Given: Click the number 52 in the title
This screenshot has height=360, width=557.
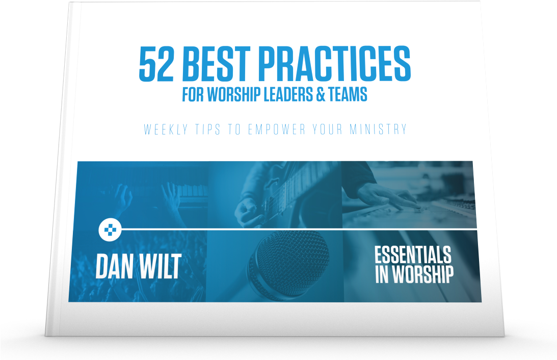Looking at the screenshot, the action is (x=156, y=64).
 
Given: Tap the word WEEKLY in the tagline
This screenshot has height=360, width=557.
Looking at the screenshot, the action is (x=166, y=129).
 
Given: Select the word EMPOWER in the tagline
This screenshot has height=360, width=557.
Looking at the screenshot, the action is (x=276, y=129).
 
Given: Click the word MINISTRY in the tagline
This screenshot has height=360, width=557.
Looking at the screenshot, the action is (x=378, y=129).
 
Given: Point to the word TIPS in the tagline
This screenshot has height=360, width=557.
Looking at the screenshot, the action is (x=207, y=129).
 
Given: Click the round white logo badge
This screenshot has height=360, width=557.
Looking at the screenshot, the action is (x=110, y=230).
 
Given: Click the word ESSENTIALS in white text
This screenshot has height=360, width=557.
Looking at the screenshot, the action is (x=413, y=255).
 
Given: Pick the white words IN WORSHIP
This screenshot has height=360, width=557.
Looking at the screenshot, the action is (x=414, y=274).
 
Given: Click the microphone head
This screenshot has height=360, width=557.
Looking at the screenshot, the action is (x=288, y=260).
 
